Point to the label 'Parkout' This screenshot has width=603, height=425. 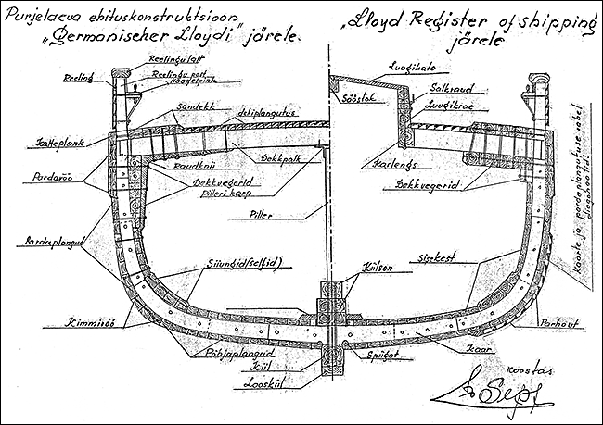(556, 324)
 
